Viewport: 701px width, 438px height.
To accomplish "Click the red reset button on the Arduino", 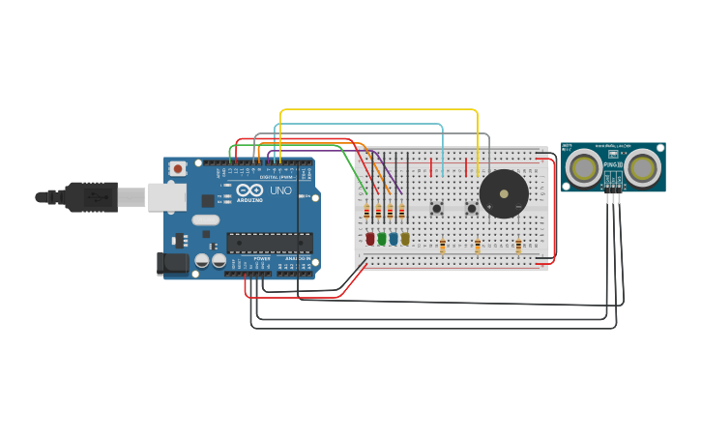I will pos(177,168).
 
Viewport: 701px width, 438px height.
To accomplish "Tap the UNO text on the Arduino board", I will pos(279,191).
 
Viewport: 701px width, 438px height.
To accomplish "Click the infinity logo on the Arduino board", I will pos(248,191).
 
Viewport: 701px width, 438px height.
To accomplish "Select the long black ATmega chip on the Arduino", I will pos(269,243).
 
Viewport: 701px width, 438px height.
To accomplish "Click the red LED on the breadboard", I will pos(369,238).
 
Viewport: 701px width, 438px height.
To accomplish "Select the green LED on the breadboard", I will pos(382,238).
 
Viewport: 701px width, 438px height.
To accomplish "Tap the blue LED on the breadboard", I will pos(394,238).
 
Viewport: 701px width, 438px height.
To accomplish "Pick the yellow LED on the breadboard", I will pos(405,238).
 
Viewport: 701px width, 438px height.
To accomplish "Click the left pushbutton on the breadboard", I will pos(437,208).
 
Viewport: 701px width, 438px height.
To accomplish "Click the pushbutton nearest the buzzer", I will pos(472,208).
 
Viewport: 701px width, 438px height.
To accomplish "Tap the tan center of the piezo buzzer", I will pos(504,194).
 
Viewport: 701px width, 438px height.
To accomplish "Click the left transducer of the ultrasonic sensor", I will pos(583,168).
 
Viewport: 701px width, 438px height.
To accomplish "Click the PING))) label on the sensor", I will pos(612,165).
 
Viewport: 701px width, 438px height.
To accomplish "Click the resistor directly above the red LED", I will pos(366,212).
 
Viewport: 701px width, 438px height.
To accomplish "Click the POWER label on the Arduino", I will pos(262,259).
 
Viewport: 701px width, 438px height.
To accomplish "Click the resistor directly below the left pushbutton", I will pos(442,246).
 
